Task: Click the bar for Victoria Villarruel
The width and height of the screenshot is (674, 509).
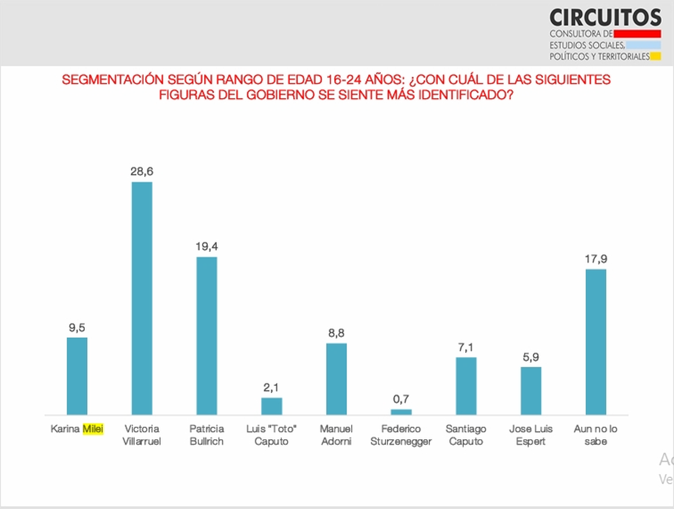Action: click(x=142, y=298)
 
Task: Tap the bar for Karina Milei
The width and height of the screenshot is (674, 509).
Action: click(x=77, y=376)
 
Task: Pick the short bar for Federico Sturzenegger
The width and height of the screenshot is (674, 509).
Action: click(x=401, y=412)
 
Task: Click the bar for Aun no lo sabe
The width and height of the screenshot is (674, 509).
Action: click(x=596, y=342)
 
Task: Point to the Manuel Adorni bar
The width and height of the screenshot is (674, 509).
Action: click(x=336, y=379)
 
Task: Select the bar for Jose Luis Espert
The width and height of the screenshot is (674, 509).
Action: click(x=531, y=391)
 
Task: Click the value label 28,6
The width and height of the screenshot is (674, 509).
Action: click(x=142, y=172)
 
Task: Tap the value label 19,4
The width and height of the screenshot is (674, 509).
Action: click(x=207, y=246)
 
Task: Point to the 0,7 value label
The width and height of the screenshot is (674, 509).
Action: click(x=401, y=399)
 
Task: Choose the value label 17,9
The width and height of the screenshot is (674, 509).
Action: click(x=596, y=259)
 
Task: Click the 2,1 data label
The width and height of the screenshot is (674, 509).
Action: click(x=272, y=388)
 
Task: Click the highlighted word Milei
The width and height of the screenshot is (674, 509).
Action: click(x=93, y=429)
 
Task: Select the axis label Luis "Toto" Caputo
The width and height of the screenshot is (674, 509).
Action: click(x=272, y=435)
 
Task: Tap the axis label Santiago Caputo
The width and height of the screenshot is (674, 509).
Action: click(x=466, y=435)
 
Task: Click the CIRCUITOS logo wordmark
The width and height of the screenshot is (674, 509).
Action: click(x=605, y=17)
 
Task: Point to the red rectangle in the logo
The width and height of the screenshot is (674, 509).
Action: click(x=637, y=33)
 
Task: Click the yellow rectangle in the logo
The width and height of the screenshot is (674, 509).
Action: click(x=655, y=56)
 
